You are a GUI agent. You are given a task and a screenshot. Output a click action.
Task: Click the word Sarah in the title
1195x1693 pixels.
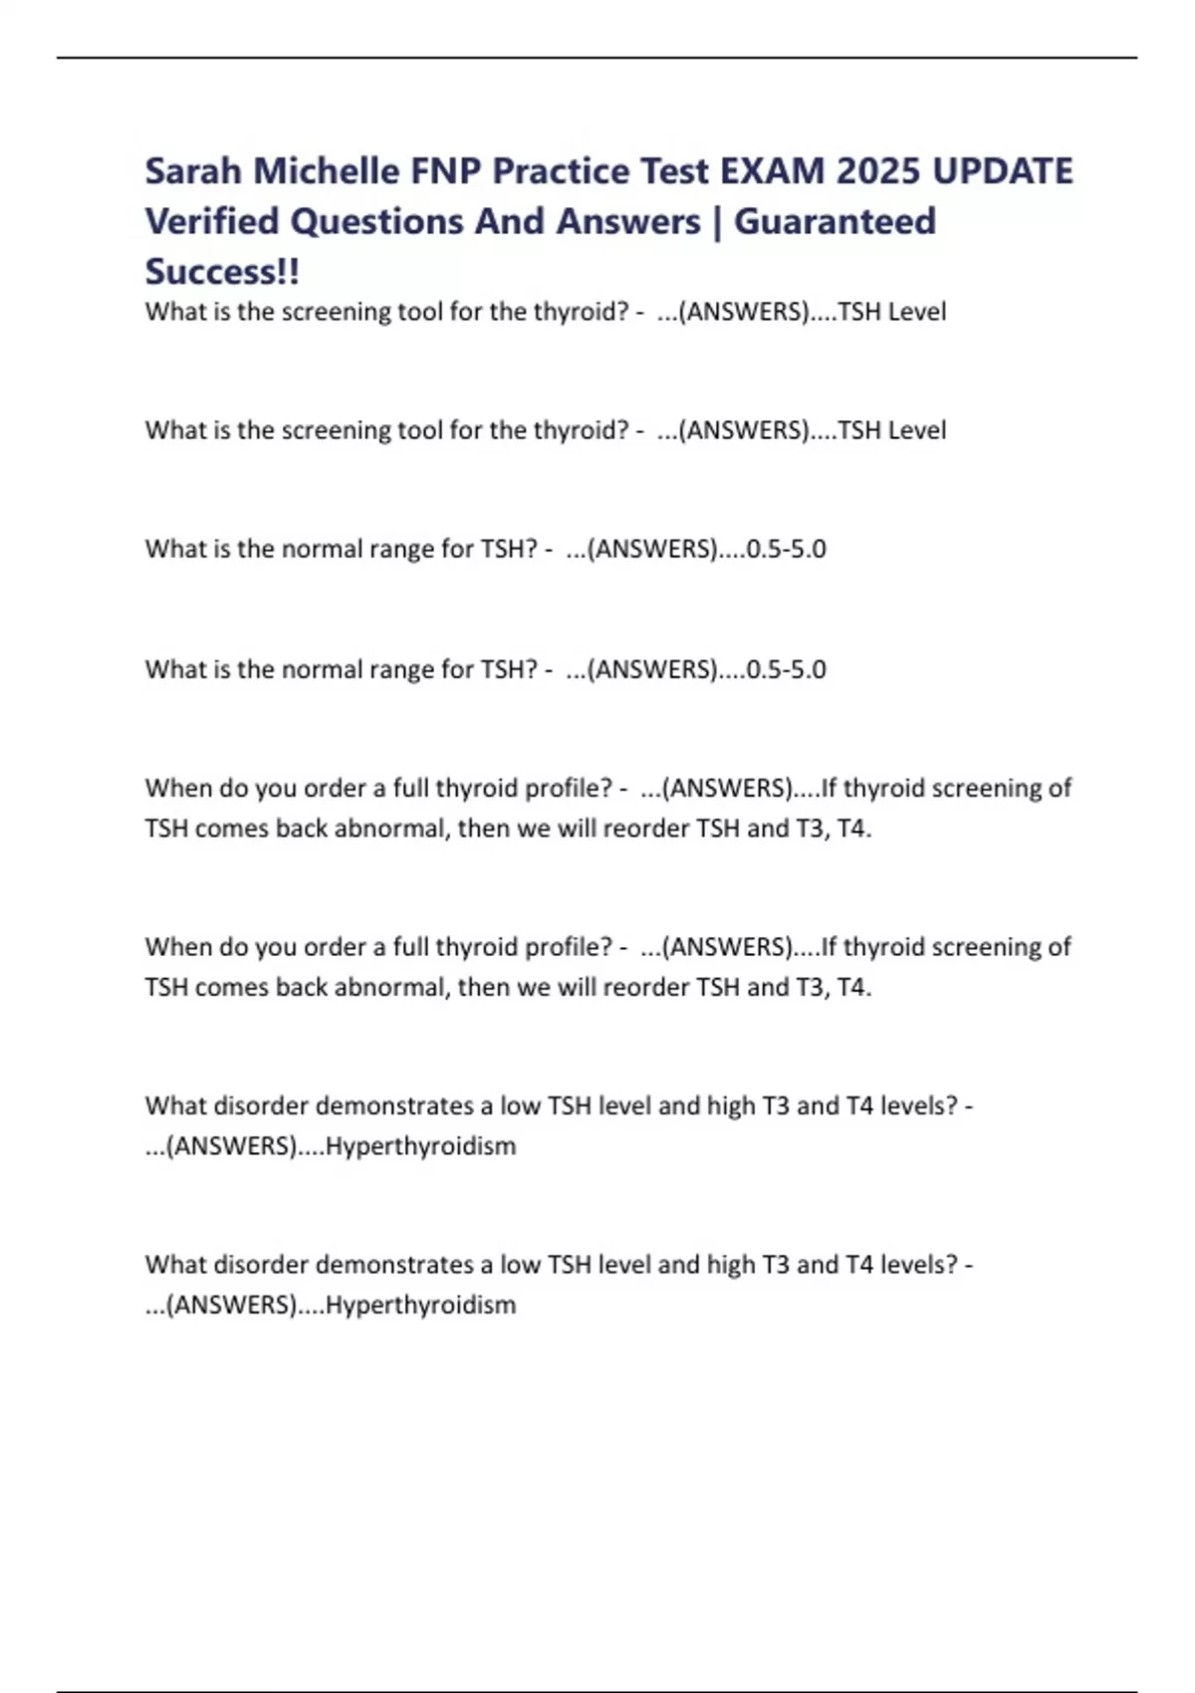click(193, 171)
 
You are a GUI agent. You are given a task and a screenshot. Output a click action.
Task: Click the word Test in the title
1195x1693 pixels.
click(674, 171)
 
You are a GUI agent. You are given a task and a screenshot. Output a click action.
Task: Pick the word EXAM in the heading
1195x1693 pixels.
click(772, 171)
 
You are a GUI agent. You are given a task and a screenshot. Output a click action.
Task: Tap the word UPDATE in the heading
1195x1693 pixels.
click(1003, 171)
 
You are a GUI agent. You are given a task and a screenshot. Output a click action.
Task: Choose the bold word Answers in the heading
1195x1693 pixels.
click(628, 221)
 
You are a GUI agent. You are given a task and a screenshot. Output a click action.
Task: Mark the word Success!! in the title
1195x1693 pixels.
click(222, 272)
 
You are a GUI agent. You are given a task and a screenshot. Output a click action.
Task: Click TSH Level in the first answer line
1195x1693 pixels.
click(892, 312)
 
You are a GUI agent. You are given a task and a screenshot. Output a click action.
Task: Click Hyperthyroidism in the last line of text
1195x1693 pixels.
click(420, 1305)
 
